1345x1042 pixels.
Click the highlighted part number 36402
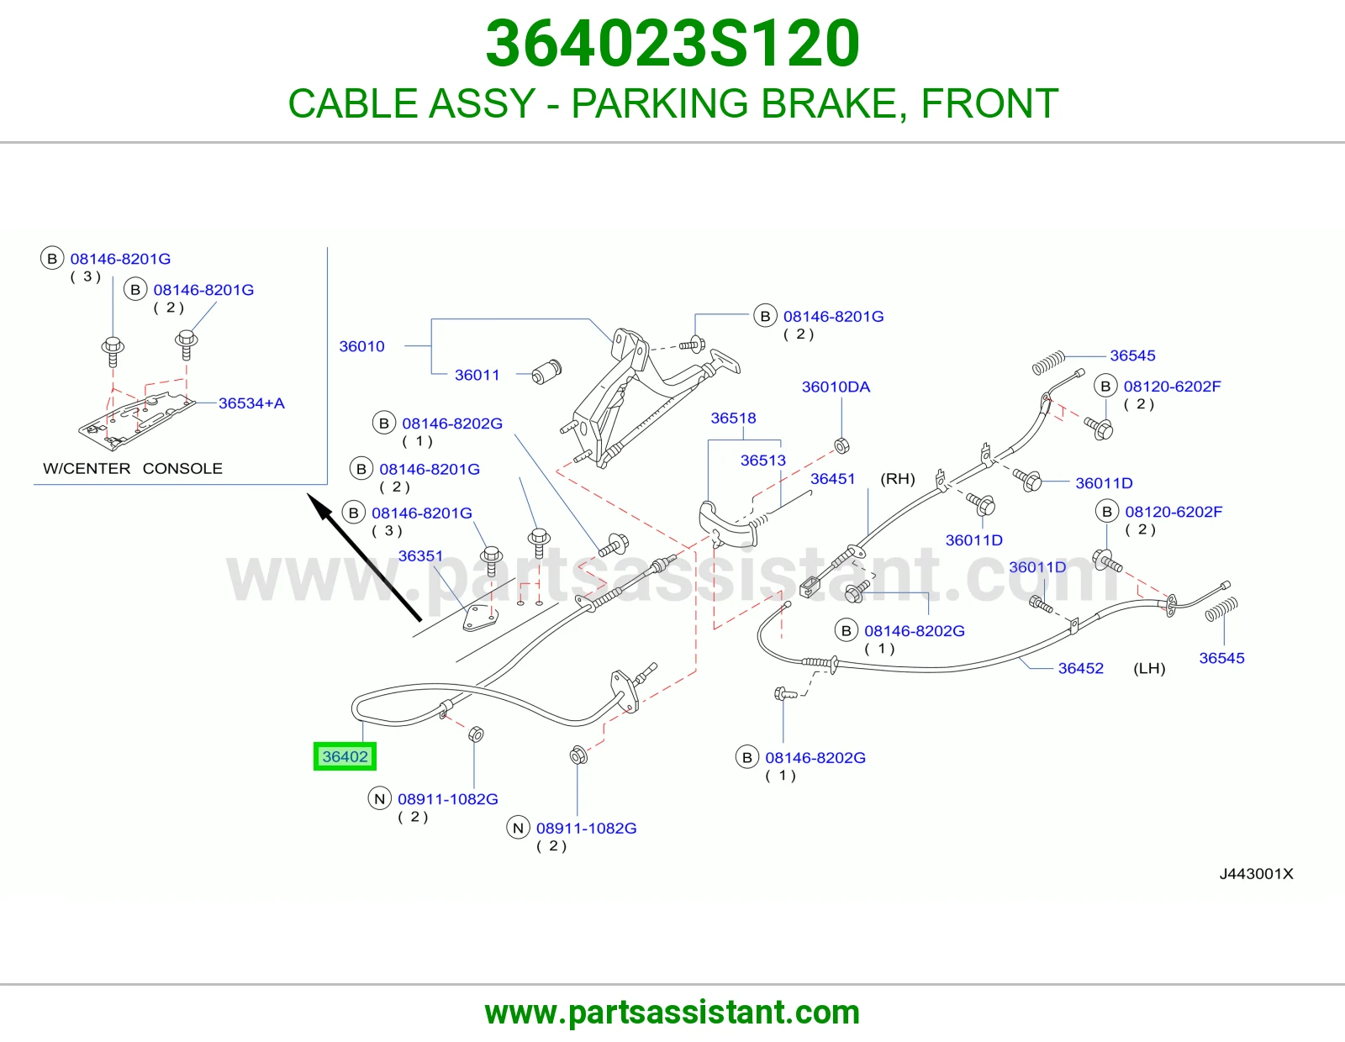tap(345, 756)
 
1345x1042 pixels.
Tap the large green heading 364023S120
tap(672, 44)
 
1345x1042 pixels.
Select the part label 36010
tap(361, 346)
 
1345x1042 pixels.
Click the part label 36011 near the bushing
tap(477, 374)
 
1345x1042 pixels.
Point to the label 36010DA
tap(836, 387)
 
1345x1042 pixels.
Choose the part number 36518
tap(733, 418)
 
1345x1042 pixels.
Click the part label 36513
tap(762, 460)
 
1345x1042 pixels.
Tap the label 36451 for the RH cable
tap(832, 478)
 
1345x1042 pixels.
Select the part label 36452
tap(1081, 668)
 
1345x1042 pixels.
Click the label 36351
tap(420, 555)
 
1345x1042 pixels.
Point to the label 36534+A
tap(251, 403)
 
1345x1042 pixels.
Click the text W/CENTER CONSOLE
tap(133, 468)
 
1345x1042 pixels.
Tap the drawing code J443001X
tap(1256, 873)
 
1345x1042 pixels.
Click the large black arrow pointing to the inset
tap(364, 556)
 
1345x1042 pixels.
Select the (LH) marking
tap(1149, 668)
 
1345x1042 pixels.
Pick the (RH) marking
tap(898, 478)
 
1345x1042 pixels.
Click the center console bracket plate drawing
tap(135, 421)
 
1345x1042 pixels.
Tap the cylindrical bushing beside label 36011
tap(546, 372)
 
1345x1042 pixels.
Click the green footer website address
tap(672, 1013)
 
